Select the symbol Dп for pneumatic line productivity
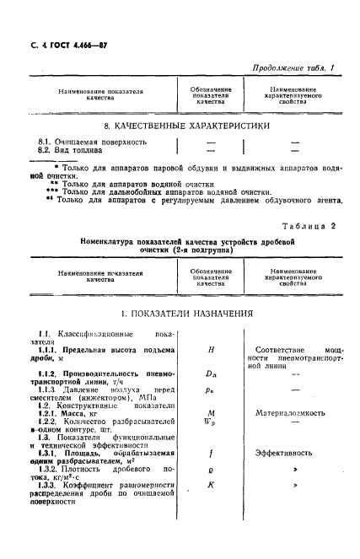(x=210, y=373)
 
